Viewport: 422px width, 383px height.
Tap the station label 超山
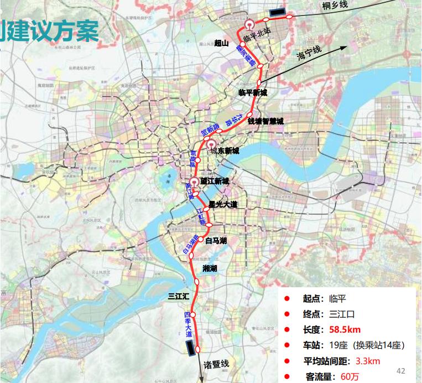pos(222,43)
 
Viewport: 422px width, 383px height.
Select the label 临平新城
pos(252,92)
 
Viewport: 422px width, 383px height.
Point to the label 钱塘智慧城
pos(265,121)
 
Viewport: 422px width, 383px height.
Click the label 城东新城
pos(225,151)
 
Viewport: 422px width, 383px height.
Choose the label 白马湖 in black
pos(216,241)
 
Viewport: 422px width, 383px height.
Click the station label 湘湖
pos(210,268)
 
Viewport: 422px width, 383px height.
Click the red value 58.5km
pos(345,329)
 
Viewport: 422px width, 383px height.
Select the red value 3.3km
pos(367,361)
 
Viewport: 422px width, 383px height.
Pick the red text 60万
pos(350,377)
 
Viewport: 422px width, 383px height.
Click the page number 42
pos(402,370)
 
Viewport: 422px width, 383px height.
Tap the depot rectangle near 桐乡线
pos(277,12)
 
